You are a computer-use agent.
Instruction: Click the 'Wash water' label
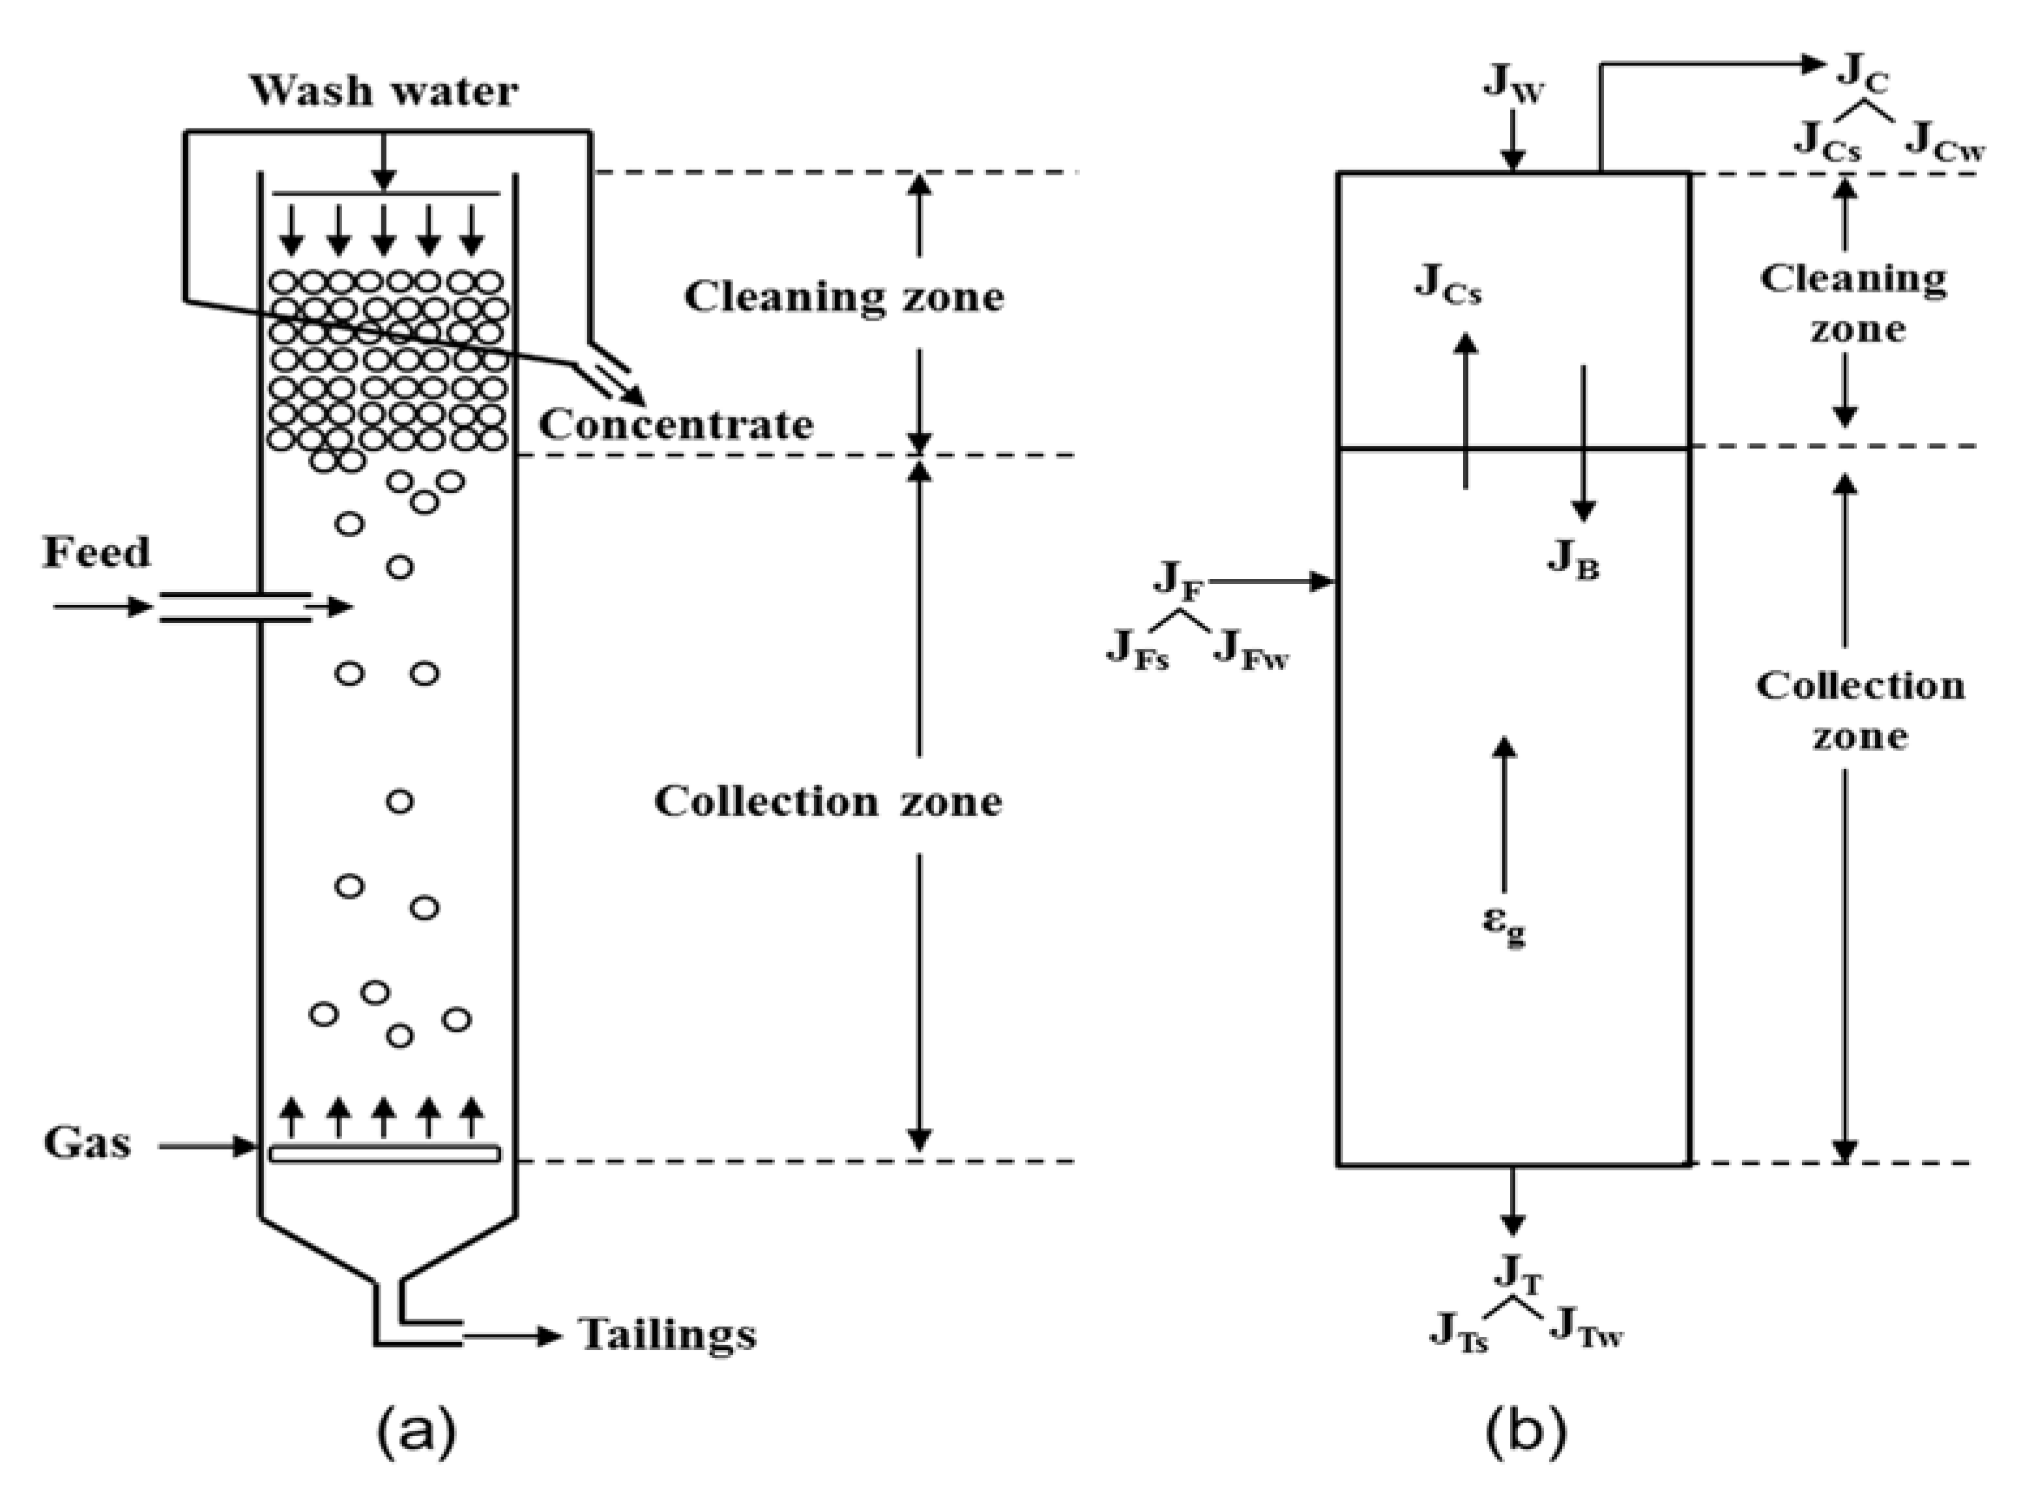(384, 91)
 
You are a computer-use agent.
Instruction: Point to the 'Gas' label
(87, 1143)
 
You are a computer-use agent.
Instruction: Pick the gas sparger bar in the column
(384, 1154)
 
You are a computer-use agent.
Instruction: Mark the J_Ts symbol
(1459, 1332)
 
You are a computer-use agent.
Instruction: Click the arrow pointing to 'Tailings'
(512, 1336)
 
